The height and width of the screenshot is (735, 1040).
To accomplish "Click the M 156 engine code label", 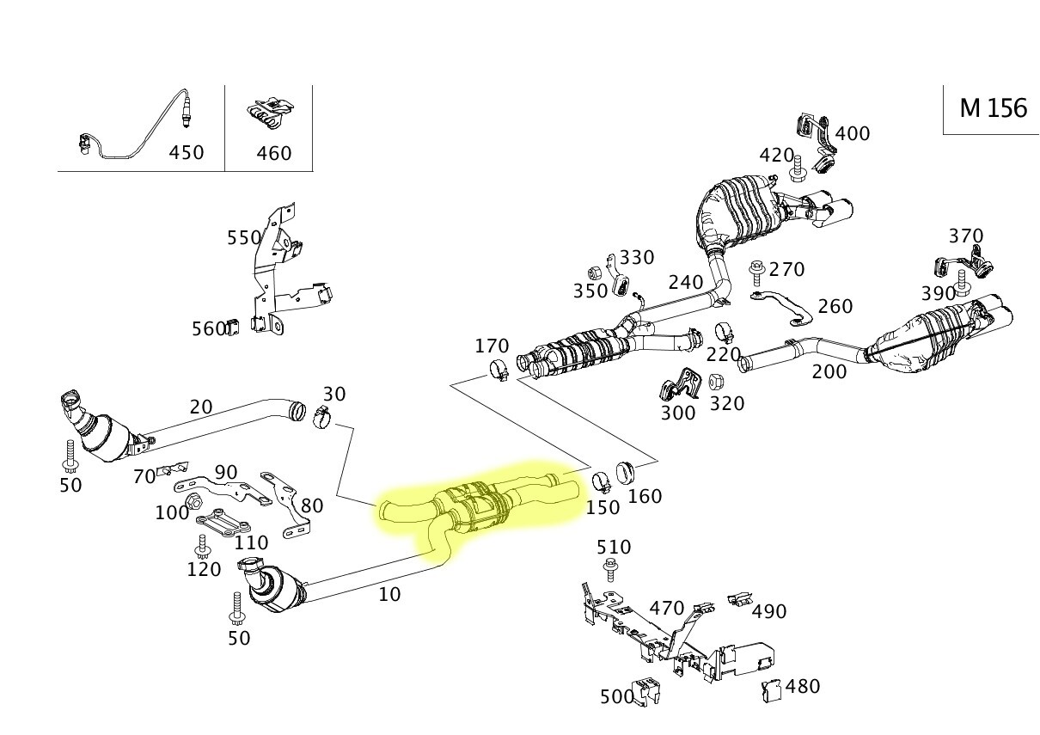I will tap(993, 108).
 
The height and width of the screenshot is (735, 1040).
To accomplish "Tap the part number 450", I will tap(186, 152).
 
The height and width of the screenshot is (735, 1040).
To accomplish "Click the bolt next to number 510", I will tap(611, 568).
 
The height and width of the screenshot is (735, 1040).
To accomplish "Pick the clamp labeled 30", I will tap(321, 418).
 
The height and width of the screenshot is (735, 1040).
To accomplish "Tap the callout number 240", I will tap(685, 282).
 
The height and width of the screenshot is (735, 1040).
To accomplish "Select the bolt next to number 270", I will tap(757, 272).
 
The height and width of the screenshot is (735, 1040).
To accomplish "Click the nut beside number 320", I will tap(718, 381).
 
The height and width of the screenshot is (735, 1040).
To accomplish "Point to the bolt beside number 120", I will tap(203, 546).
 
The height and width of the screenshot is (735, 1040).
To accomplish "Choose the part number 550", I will tap(244, 238).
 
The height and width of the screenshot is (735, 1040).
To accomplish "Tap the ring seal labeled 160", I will tap(626, 472).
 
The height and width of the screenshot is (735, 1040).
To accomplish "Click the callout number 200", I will tap(829, 371).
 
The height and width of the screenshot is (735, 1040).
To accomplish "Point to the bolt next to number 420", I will tap(797, 169).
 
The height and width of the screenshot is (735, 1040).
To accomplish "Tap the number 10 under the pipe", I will tap(389, 594).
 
